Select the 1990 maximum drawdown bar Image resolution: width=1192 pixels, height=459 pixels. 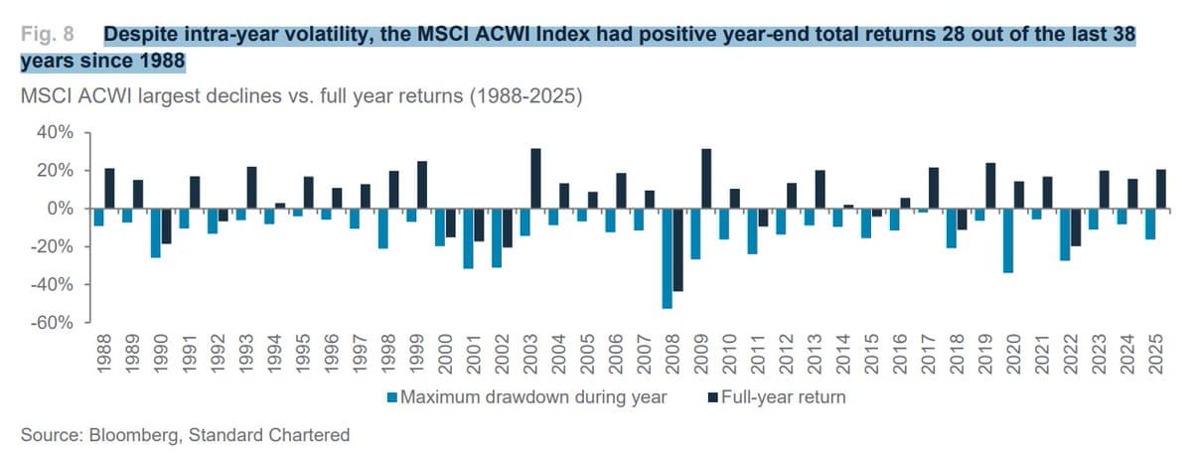[155, 233]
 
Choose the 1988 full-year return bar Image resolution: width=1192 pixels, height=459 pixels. [109, 189]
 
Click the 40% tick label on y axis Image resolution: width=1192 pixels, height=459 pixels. [55, 133]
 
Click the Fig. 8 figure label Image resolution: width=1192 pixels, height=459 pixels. [48, 35]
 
